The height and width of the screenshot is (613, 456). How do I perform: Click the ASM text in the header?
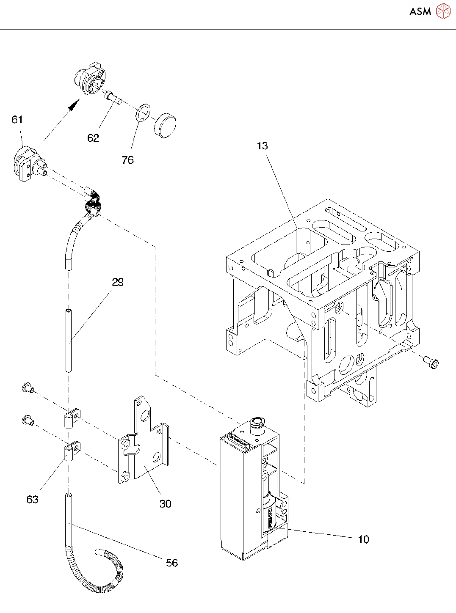420,11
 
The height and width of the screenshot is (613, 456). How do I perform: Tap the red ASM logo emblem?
443,11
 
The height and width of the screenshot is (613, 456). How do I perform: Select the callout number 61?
17,119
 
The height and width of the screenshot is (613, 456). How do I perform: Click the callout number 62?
93,138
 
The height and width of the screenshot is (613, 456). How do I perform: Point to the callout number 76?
128,160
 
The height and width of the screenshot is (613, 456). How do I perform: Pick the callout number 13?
263,146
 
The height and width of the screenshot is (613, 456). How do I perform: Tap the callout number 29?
118,282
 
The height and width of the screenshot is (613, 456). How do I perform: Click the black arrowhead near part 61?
74,105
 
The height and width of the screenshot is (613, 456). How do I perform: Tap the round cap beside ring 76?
165,125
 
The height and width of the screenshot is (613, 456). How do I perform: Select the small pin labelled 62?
113,98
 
